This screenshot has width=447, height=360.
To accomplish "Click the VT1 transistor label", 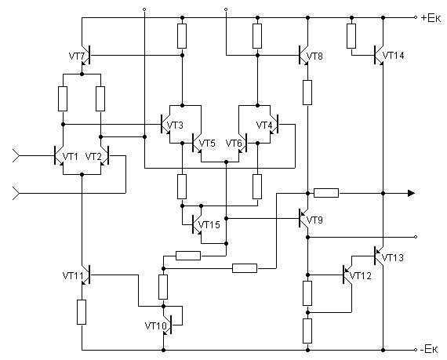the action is [70, 157].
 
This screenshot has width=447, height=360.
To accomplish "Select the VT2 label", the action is [93, 157].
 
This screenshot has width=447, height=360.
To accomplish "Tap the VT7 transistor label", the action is [77, 56].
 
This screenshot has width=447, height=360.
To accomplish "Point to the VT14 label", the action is [393, 56].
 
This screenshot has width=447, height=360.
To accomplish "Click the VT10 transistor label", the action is [155, 325].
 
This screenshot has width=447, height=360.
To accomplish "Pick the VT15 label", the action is [209, 225].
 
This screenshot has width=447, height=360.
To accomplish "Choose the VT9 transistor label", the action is [314, 220].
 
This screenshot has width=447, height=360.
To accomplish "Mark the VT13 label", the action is [393, 258].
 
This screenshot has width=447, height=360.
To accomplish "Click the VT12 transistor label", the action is [361, 275].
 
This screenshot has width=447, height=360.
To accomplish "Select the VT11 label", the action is [73, 275].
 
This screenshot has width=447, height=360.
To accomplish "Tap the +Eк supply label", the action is [431, 18].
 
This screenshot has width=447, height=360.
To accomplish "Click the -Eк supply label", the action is [429, 349].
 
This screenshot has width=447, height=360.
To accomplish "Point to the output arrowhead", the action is [411, 193].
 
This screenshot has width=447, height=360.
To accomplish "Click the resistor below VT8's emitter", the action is [307, 93].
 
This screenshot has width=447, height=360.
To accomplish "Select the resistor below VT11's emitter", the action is [82, 312].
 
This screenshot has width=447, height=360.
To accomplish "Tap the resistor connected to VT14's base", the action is [351, 36].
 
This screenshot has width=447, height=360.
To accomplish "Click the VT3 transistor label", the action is [175, 125].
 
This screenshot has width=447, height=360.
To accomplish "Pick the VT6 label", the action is [234, 143].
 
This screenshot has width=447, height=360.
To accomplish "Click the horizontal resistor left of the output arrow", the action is [326, 193].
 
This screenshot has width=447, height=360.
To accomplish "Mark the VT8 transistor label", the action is [314, 56].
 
